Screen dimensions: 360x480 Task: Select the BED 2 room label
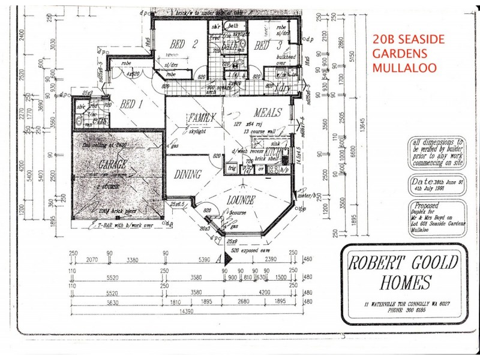[x=184, y=43]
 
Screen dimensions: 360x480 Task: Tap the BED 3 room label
[x=261, y=46]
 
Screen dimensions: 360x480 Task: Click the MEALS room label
[x=268, y=113]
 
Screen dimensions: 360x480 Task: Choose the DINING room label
[x=187, y=175]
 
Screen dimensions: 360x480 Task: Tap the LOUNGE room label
[x=242, y=200]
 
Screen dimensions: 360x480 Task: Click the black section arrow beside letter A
[x=227, y=259]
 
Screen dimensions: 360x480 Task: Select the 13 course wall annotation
[x=259, y=131]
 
